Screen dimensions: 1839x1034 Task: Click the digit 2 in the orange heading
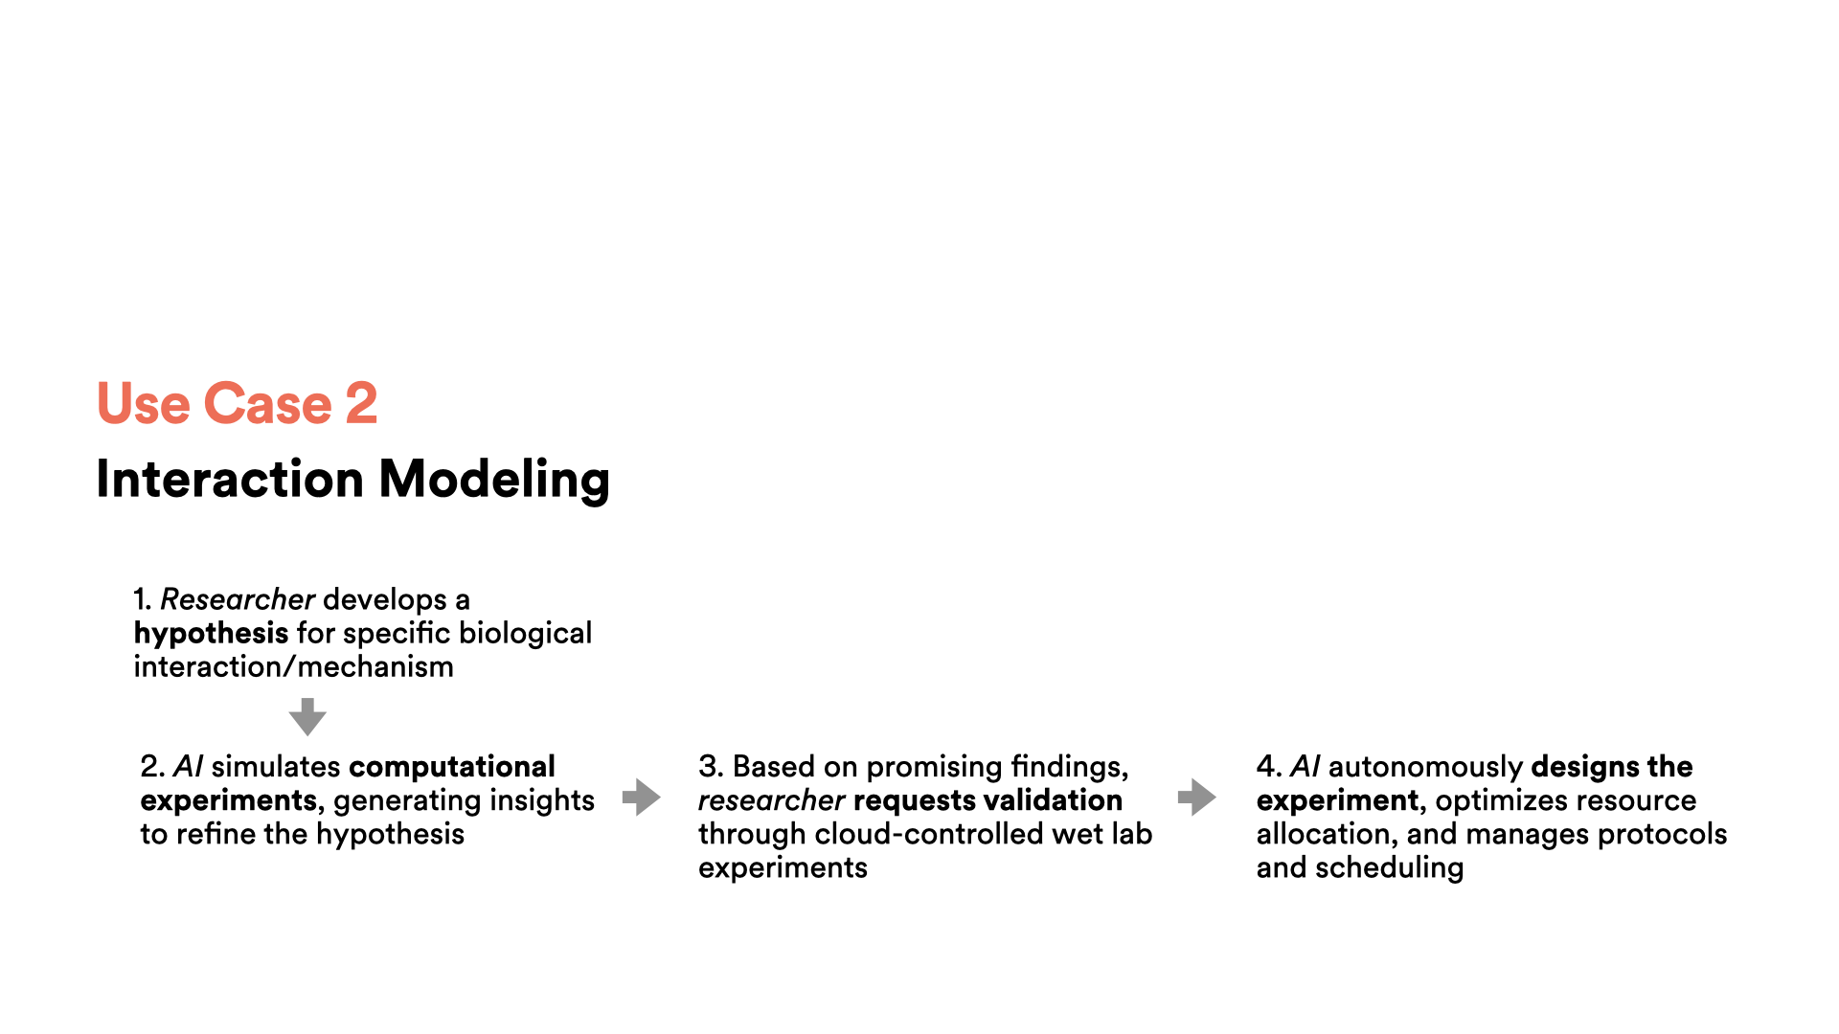click(361, 403)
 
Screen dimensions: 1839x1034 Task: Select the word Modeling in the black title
click(494, 480)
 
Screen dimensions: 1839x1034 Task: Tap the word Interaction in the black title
click(230, 479)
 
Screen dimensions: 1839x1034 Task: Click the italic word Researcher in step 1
click(238, 599)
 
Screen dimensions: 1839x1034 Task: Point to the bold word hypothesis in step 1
click(211, 634)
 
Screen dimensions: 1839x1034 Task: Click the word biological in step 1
click(525, 634)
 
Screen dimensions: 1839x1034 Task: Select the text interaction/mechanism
click(293, 666)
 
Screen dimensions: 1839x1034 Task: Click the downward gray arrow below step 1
click(307, 716)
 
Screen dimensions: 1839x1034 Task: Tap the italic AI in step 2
click(188, 767)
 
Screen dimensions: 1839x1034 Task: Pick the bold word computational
click(452, 768)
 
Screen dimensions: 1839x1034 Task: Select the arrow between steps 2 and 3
click(642, 797)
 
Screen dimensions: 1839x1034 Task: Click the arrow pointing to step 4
click(1197, 797)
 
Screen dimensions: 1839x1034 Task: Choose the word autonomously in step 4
click(1425, 768)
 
